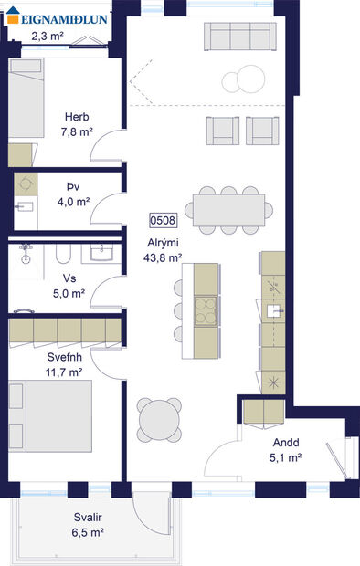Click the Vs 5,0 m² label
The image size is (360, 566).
tap(69, 287)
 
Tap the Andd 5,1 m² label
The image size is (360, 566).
tap(285, 451)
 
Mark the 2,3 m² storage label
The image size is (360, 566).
tap(47, 37)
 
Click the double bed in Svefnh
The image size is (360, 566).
tap(50, 416)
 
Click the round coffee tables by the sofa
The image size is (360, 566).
tap(242, 81)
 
